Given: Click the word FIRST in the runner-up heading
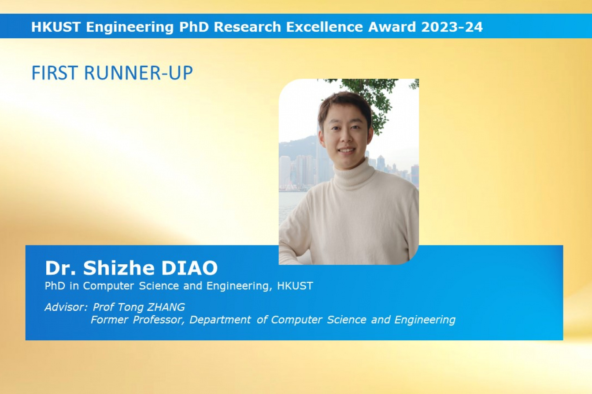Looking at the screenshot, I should pos(55,73).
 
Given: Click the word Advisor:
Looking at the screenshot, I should pos(66,307).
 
